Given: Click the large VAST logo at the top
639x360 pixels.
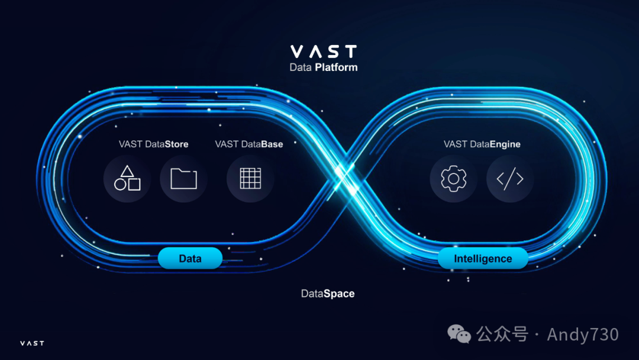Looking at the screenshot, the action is (323, 51).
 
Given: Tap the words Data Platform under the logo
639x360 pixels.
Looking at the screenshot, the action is (323, 67).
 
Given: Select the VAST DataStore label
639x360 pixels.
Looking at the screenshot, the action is (153, 144).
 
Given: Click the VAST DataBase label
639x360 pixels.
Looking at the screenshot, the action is (248, 144).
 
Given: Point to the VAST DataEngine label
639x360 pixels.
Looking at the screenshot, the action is (482, 144).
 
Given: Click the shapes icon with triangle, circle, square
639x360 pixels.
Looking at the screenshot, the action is (127, 178).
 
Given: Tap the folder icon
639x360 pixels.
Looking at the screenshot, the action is (183, 178).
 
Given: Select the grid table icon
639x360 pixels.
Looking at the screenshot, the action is (250, 178).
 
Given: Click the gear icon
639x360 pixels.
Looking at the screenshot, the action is (453, 178).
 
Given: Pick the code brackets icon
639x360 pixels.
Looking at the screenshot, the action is (510, 178).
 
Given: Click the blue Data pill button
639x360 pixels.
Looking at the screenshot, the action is (190, 259).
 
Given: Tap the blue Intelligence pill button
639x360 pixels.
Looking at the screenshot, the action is (483, 259).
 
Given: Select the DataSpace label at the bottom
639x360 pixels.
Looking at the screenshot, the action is (328, 293).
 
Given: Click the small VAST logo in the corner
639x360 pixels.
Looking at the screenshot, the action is (32, 343).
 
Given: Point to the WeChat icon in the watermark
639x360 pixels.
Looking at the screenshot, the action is (460, 335).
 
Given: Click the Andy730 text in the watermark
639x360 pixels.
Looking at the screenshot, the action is (583, 335).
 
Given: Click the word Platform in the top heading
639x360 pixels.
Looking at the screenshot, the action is (336, 67).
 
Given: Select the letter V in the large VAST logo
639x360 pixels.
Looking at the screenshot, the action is (296, 51).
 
